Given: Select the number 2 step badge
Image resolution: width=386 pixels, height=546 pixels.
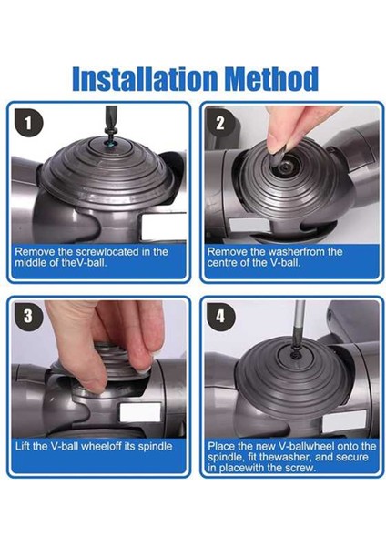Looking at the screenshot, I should [x=220, y=124].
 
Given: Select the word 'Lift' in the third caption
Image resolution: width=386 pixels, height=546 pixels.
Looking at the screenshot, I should [x=23, y=446].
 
